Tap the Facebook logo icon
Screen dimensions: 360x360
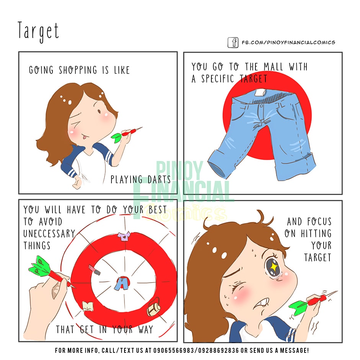pos(233,43)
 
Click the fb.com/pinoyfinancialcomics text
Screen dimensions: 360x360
pos(288,43)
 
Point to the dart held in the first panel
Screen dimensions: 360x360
pos(126,134)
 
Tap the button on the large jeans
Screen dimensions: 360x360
pos(261,106)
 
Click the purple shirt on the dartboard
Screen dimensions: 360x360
pos(124,236)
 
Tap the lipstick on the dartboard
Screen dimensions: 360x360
pos(95,270)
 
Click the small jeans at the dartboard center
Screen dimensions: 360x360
pos(122,283)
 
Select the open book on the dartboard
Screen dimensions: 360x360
pos(88,306)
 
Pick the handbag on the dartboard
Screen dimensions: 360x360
pos(154,307)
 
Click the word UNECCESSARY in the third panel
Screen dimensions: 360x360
pos(49,234)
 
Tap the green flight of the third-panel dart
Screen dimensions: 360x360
pos(39,266)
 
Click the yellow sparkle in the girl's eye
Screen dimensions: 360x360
pos(273,267)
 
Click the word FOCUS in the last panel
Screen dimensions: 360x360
pos(319,222)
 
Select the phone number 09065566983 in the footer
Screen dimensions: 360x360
pos(173,350)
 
